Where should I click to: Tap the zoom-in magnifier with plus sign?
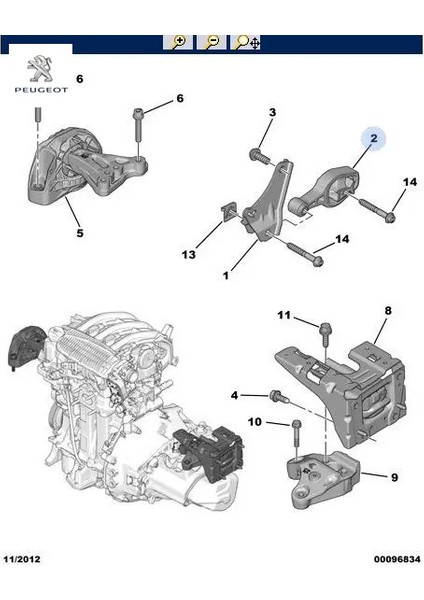point(178,42)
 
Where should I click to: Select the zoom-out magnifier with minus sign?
point(211,42)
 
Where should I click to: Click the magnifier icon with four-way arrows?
point(245,42)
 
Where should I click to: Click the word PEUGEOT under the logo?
point(39,89)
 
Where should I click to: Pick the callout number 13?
point(188,255)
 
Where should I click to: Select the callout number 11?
point(284,316)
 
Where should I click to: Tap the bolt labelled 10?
point(296,430)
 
